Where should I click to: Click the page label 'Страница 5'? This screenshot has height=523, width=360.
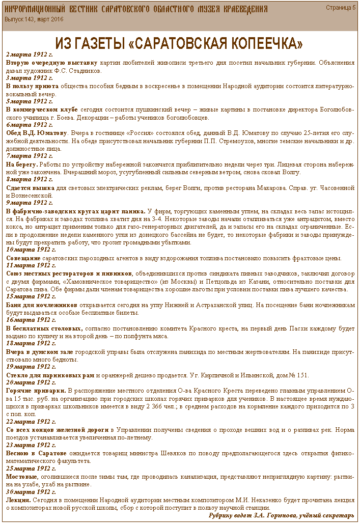(x=341, y=8)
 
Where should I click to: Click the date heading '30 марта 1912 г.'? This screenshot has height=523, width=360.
(x=31, y=492)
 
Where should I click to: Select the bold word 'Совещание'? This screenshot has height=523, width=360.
(x=23, y=258)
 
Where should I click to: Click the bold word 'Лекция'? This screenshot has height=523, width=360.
(x=18, y=500)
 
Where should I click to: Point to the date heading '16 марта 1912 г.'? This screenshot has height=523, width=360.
(x=31, y=320)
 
